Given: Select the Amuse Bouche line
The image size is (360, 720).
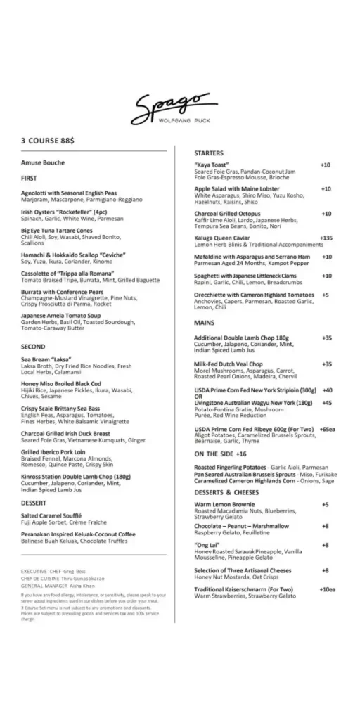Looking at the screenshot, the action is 43,163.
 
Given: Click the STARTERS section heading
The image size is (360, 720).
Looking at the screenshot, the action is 209,153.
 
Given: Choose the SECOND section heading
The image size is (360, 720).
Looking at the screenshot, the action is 33,347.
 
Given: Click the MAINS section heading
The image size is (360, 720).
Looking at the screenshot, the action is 205,322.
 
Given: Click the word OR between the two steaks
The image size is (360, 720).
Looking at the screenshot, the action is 198,396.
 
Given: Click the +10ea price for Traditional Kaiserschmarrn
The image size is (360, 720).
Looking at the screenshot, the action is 328,589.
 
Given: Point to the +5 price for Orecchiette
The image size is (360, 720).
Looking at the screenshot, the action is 326,295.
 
